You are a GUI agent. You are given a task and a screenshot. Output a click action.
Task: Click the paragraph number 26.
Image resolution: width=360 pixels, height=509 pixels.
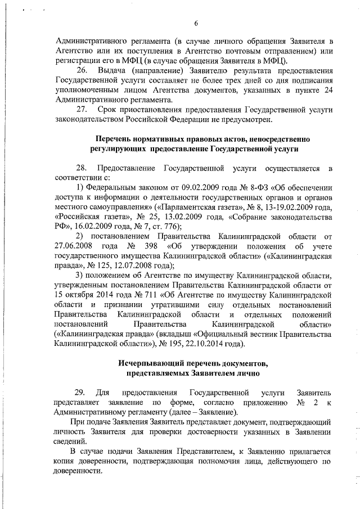click(x=82, y=71)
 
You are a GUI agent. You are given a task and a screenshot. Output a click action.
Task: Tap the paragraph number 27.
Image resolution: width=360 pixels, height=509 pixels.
click(x=82, y=110)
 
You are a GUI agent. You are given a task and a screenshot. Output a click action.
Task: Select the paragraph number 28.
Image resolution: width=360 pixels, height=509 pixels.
click(x=82, y=168)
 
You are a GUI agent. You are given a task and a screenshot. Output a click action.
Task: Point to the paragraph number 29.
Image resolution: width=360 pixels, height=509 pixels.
click(x=82, y=391)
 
